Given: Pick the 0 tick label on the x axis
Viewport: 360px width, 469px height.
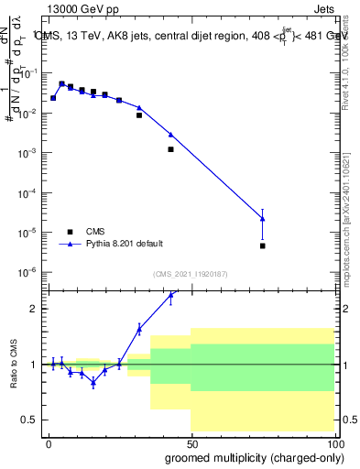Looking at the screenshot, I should click(49, 442).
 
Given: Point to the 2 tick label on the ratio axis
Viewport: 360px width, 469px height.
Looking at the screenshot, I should click(37, 309).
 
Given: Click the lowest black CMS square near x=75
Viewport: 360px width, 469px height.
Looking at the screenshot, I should click(263, 245).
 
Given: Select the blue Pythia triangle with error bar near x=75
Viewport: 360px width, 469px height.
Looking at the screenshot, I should click(263, 218).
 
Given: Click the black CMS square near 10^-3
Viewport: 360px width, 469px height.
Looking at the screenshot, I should click(171, 148).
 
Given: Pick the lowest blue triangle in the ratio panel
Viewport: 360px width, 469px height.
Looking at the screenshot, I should click(93, 383).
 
